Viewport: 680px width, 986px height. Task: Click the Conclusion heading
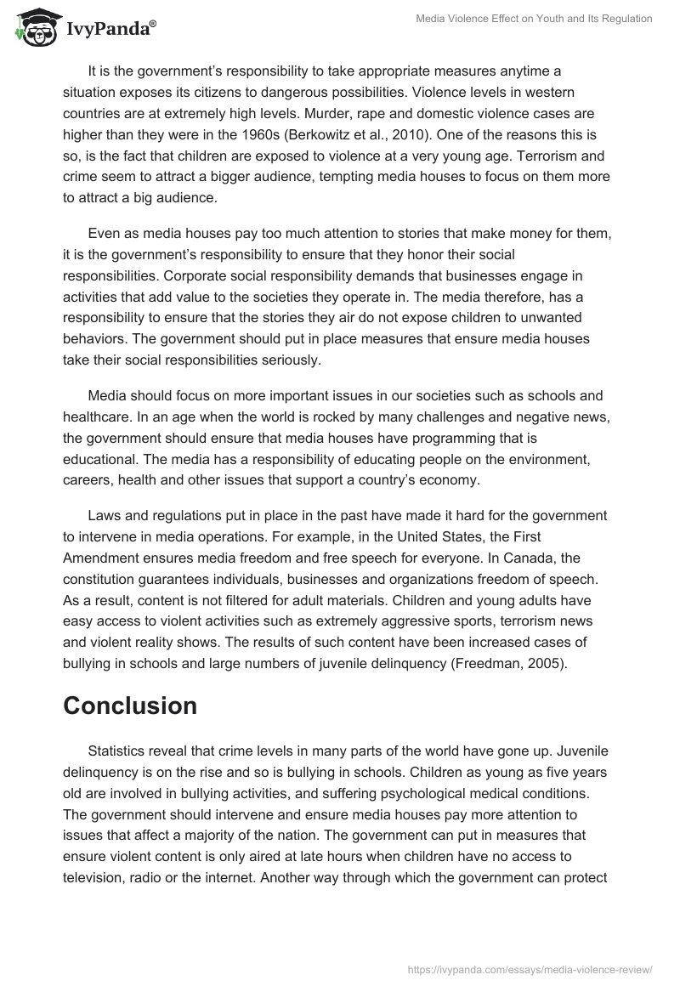click(x=130, y=705)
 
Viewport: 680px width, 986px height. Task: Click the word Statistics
click(x=120, y=751)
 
